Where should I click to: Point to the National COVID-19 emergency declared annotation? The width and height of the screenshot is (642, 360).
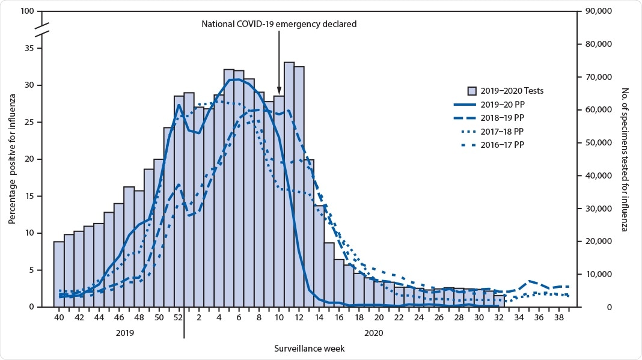[279, 24]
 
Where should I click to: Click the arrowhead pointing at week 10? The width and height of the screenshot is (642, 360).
[279, 89]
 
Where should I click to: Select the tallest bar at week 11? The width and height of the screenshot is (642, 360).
[289, 180]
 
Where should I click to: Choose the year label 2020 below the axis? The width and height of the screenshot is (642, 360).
[373, 332]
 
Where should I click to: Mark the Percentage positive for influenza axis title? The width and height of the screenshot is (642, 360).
[11, 159]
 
